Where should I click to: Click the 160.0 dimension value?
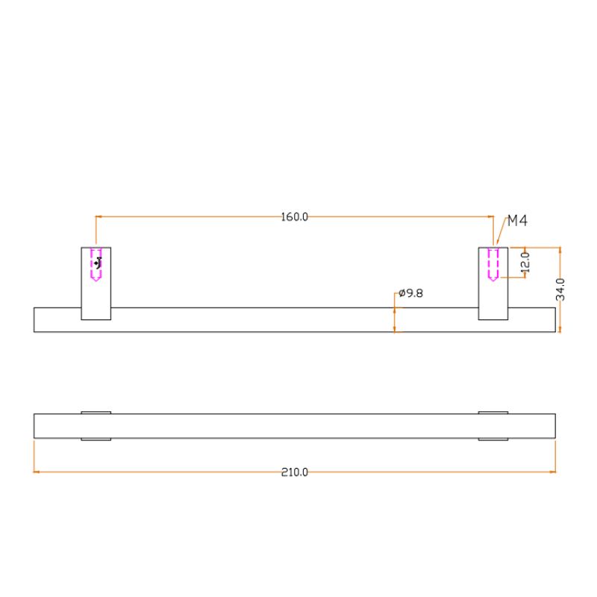(x=294, y=217)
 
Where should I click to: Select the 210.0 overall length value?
(x=294, y=472)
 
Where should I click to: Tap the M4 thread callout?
(x=517, y=221)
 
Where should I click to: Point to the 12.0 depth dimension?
(x=525, y=262)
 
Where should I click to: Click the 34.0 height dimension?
(x=560, y=290)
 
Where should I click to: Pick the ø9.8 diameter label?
(x=411, y=293)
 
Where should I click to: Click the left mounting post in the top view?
(x=96, y=284)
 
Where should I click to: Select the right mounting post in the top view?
(x=493, y=284)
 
